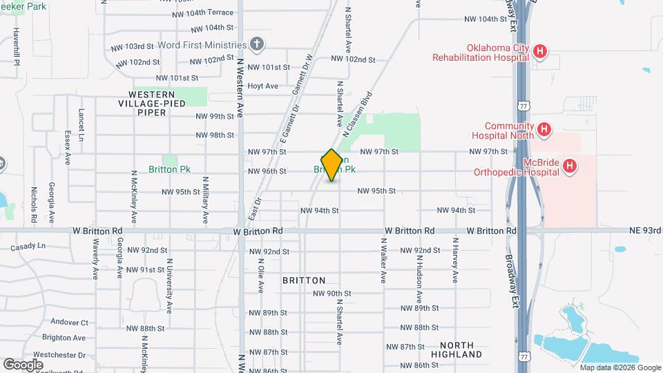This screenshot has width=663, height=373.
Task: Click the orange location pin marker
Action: point(331,165)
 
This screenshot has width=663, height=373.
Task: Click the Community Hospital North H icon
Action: point(544,129)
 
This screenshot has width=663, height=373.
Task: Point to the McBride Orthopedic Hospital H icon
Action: point(570,166)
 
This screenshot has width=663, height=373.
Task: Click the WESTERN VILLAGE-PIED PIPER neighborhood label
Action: point(151,103)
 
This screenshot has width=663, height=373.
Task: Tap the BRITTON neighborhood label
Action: point(304,280)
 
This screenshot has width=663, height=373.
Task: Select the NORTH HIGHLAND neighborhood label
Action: point(461,350)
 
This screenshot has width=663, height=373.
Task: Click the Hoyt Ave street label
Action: point(262,86)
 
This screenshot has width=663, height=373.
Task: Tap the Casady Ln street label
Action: point(28,246)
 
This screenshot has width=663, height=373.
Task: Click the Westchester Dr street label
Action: point(59,355)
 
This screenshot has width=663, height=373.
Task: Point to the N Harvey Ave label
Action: point(455,261)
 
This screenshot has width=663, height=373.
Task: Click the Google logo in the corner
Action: point(23,364)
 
